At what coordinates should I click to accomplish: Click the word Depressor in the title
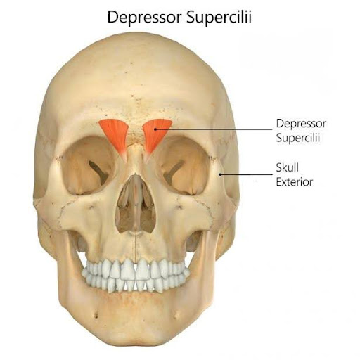click(144, 17)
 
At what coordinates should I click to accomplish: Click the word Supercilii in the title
click(219, 17)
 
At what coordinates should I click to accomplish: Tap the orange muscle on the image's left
click(115, 136)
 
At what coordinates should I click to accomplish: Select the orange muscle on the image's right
click(155, 136)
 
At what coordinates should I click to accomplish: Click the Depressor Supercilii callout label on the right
click(301, 131)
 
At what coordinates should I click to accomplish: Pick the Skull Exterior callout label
click(295, 175)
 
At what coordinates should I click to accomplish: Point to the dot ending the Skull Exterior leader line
click(220, 174)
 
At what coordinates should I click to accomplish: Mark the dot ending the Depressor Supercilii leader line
click(155, 129)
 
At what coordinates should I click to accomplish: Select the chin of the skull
click(136, 328)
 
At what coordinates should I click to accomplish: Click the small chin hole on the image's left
click(96, 316)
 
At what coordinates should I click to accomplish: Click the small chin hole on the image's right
click(176, 316)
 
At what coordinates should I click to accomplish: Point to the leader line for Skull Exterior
click(246, 174)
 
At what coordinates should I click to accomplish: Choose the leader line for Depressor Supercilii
click(214, 129)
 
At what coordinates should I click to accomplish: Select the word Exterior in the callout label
click(295, 182)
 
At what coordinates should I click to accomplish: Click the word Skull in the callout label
click(288, 167)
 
